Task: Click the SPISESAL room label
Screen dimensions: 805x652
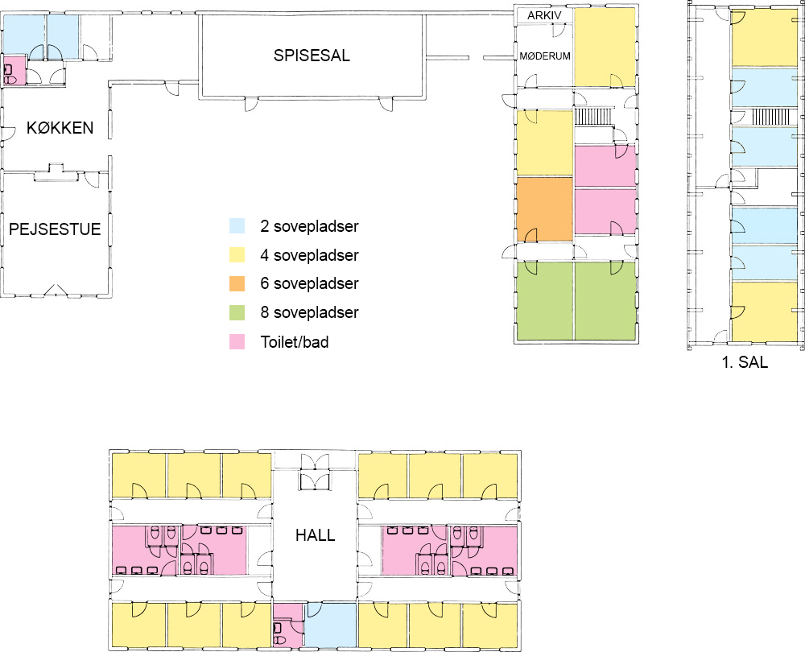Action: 312,56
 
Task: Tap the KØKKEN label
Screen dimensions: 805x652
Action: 60,127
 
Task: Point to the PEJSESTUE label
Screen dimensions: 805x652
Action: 55,229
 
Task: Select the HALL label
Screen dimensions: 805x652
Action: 316,535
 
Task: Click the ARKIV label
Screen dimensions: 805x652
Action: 544,15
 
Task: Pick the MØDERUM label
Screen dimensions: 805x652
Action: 545,56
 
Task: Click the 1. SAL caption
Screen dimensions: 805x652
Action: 745,362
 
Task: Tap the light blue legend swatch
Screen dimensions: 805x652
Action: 237,226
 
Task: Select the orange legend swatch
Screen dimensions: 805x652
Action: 237,283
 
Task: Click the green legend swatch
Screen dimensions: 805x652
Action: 237,312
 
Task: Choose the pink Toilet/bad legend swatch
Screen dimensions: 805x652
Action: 237,342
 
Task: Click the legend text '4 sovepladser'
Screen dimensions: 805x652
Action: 309,255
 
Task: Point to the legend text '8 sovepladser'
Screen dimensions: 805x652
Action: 309,312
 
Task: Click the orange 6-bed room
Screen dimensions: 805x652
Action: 545,209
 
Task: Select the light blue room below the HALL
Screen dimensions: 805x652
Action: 331,625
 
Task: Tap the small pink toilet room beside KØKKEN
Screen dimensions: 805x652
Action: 14,70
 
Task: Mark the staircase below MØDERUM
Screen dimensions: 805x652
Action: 593,116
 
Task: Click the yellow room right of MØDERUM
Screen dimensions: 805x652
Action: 605,47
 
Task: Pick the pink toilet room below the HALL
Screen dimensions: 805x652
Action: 288,625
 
